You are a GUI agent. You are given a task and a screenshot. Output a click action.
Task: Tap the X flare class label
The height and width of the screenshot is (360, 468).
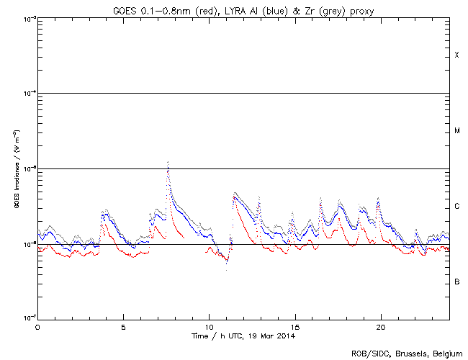pyautogui.click(x=456, y=55)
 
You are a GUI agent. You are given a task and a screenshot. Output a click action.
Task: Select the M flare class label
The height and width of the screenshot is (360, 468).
pyautogui.click(x=456, y=131)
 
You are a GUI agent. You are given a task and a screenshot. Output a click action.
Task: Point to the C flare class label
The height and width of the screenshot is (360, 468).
pyautogui.click(x=456, y=207)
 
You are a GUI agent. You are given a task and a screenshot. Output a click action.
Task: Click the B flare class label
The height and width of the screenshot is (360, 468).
pyautogui.click(x=456, y=282)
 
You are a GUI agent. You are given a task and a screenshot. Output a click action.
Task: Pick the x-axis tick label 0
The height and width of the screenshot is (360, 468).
pyautogui.click(x=37, y=327)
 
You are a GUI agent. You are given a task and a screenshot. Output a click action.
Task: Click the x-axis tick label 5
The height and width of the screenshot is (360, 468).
pyautogui.click(x=123, y=327)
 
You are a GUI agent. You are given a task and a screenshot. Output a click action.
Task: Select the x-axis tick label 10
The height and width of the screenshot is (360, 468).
pyautogui.click(x=209, y=327)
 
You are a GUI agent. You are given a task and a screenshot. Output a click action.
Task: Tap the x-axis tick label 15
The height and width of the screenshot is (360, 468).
pyautogui.click(x=294, y=327)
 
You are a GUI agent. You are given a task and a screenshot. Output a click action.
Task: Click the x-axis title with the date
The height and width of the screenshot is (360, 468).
pyautogui.click(x=243, y=336)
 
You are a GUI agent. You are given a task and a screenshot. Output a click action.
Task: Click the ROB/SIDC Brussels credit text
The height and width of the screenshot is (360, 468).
pyautogui.click(x=407, y=354)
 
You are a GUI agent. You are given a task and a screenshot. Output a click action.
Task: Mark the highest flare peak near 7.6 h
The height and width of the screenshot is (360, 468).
pyautogui.click(x=168, y=163)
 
